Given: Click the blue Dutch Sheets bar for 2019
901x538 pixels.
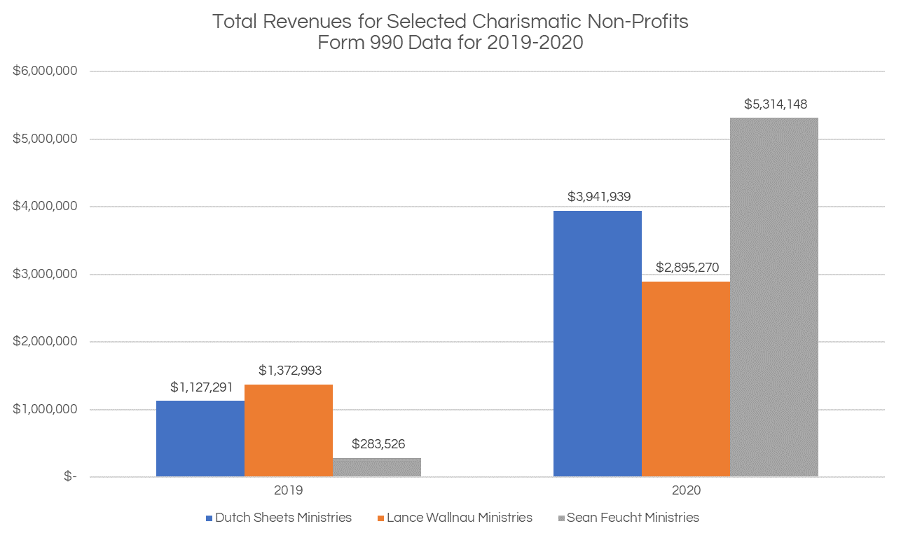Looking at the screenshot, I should tap(200, 439).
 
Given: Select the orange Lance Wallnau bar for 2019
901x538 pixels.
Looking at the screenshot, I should tap(289, 430).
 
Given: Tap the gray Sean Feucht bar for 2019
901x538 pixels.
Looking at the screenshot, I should tap(377, 467).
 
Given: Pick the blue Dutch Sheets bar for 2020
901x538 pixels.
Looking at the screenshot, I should tap(597, 343).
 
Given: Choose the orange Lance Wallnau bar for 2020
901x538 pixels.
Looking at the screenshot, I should tap(685, 378).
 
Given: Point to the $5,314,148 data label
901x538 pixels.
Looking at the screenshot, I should tap(775, 105).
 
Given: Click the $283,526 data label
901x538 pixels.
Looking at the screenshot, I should tap(378, 443).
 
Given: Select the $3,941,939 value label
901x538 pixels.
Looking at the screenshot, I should tap(598, 197).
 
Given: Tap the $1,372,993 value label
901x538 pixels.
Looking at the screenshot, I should tap(289, 370).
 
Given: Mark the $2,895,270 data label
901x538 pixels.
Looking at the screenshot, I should tap(687, 268).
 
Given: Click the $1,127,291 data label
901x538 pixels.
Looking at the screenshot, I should tap(202, 387).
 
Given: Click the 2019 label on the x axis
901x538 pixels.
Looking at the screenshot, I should tap(289, 491).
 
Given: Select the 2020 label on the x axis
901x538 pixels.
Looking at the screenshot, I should tap(686, 491).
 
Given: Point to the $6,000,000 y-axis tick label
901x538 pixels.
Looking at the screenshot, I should tap(45, 71).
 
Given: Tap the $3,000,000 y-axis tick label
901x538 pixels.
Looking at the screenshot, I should tap(45, 274).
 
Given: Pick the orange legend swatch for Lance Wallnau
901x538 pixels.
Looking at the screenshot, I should tap(381, 518).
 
